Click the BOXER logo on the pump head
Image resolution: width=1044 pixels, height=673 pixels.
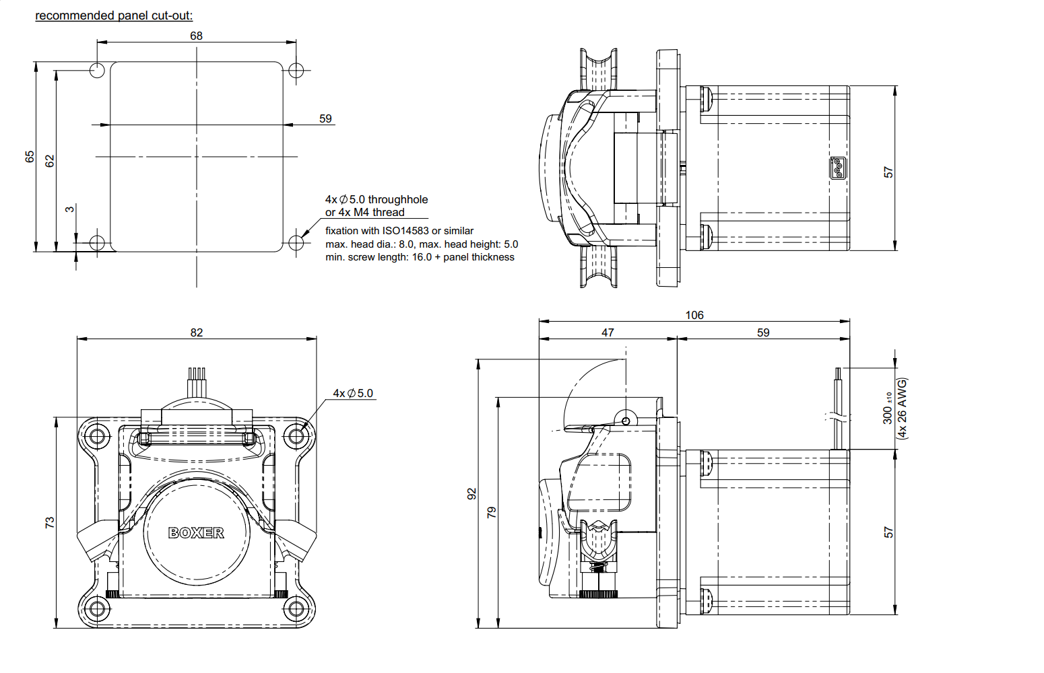point(196,533)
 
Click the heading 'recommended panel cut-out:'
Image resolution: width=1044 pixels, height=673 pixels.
point(114,15)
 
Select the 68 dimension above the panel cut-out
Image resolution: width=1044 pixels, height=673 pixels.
point(196,36)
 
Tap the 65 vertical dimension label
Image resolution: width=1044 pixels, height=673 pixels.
point(30,156)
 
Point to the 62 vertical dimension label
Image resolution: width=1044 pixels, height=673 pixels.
point(50,161)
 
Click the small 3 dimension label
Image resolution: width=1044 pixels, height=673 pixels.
point(70,209)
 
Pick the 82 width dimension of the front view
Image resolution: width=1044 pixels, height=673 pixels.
point(196,332)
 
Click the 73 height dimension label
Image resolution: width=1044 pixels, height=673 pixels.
point(50,522)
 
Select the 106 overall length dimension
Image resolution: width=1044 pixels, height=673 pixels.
point(694,315)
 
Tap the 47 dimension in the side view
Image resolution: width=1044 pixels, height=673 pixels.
point(608,332)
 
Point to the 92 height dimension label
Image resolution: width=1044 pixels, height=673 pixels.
point(472,494)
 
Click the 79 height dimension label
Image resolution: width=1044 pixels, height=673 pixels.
point(492,511)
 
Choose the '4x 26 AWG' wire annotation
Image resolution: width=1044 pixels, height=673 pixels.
point(903,409)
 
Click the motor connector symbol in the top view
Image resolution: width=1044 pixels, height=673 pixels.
point(837,168)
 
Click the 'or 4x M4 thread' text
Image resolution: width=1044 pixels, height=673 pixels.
point(365,213)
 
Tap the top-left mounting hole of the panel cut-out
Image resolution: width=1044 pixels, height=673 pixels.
point(97,70)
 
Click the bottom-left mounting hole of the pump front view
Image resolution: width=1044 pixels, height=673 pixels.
point(97,609)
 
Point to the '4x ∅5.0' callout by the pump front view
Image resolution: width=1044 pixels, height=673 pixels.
point(353,393)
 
